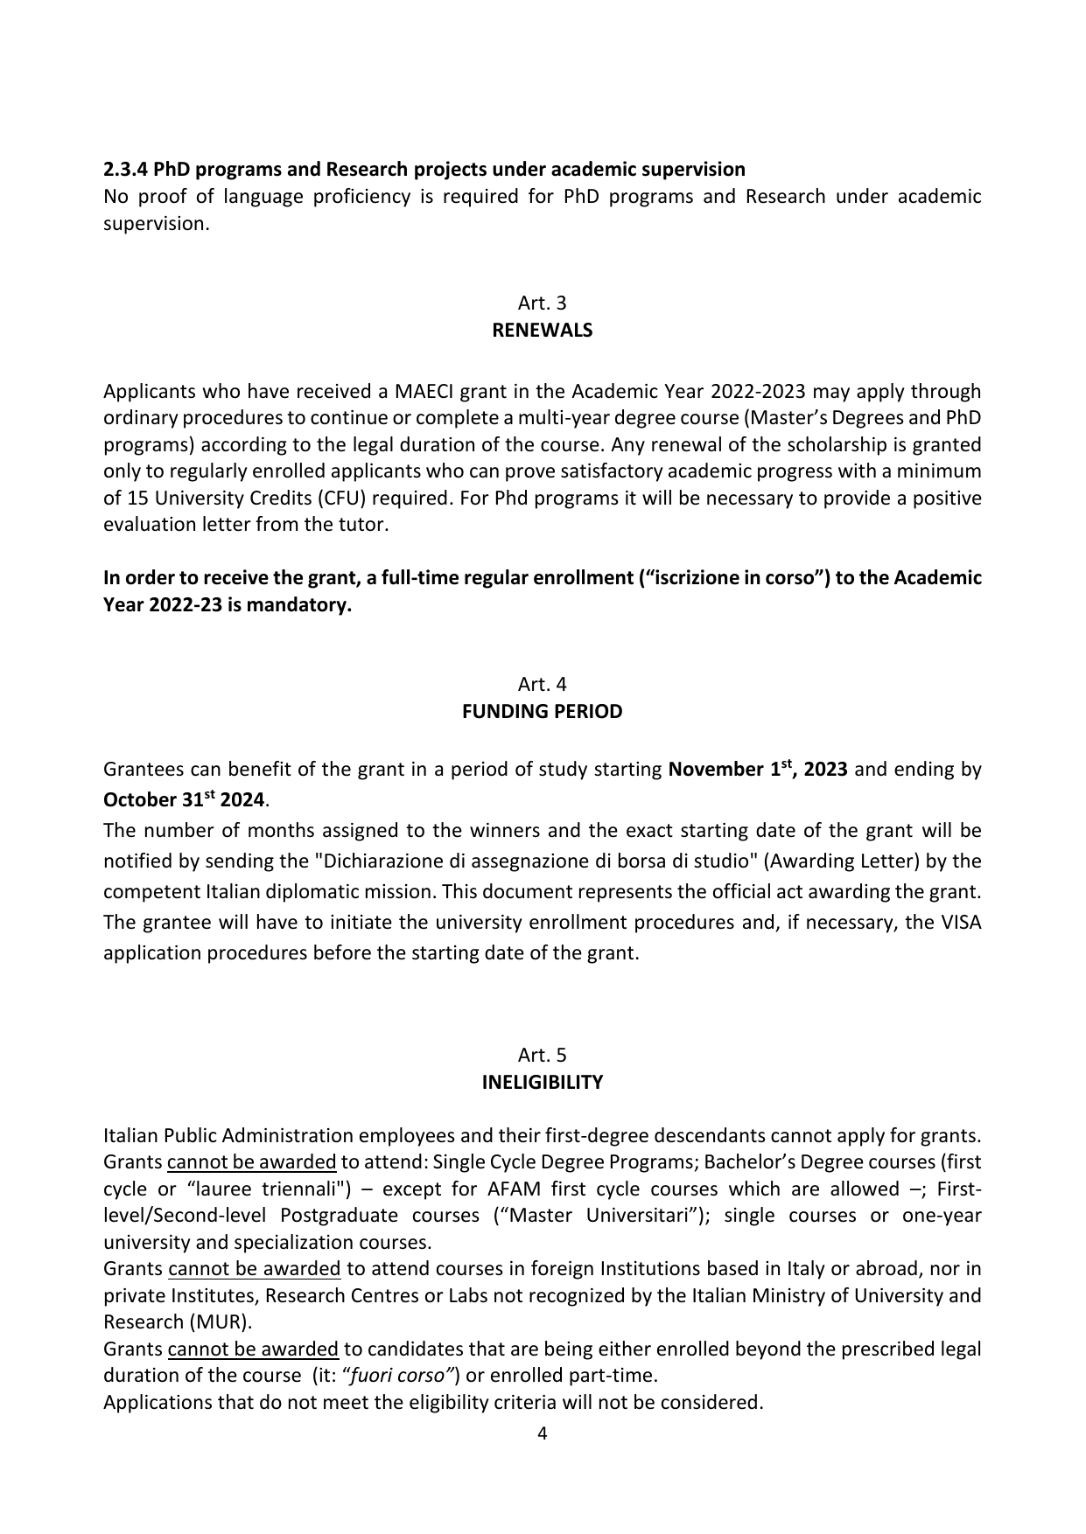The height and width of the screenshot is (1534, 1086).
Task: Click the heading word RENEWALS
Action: coord(542,331)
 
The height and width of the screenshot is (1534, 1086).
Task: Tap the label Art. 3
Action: coord(542,303)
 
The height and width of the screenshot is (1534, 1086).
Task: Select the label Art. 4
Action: coord(542,684)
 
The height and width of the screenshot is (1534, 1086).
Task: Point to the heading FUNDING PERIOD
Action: coord(542,712)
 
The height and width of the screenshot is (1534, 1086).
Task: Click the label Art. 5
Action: coord(542,1055)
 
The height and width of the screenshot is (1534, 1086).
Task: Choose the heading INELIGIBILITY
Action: coord(542,1083)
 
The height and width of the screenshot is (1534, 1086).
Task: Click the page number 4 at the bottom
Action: coord(542,1433)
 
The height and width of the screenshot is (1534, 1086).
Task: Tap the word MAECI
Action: coord(423,391)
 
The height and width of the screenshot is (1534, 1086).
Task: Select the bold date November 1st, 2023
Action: coord(757,770)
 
